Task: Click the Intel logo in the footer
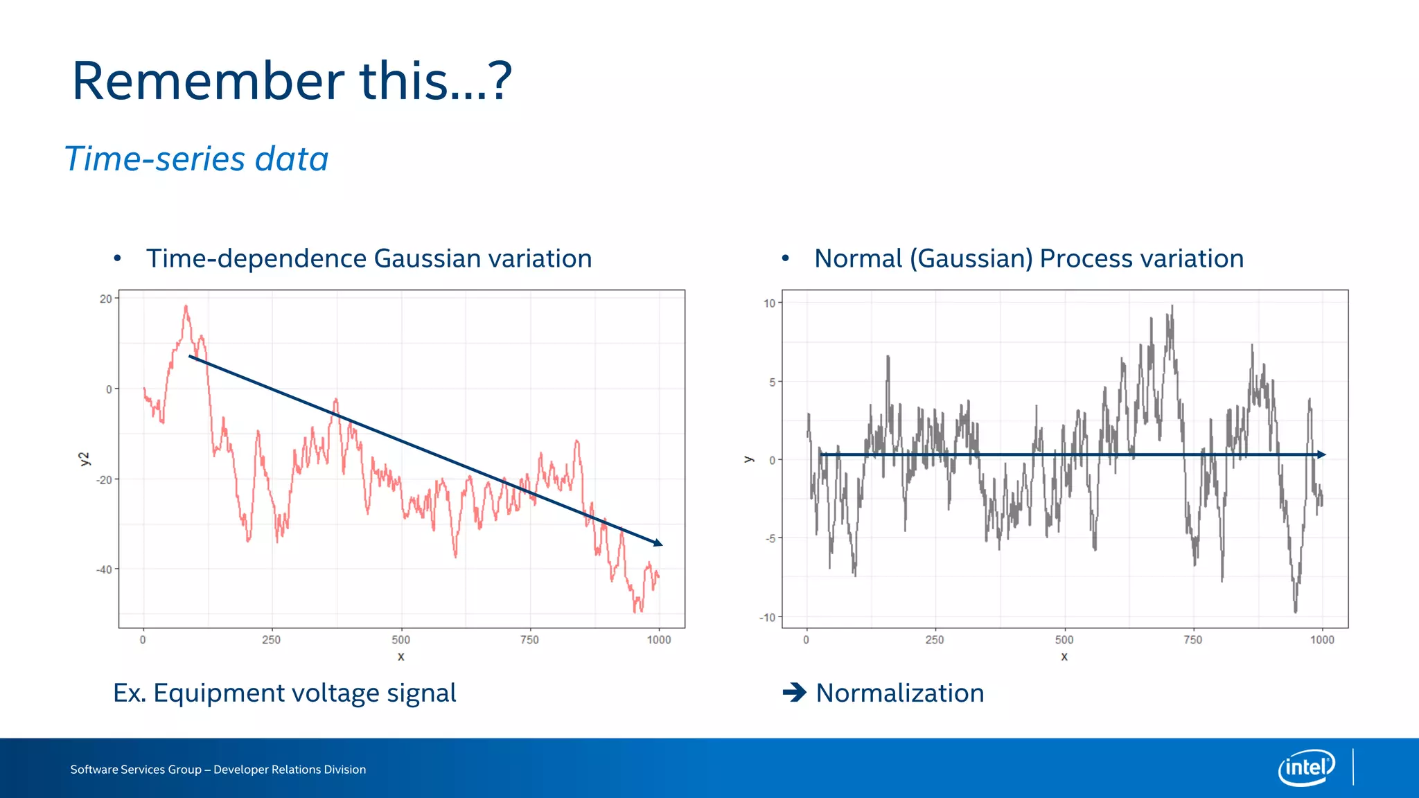(x=1306, y=768)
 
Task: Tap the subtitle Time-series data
(x=196, y=159)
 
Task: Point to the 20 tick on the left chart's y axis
(x=105, y=299)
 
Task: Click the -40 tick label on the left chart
(x=104, y=569)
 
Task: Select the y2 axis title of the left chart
(x=85, y=459)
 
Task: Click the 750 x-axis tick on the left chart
(x=529, y=639)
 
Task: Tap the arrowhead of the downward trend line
(x=658, y=544)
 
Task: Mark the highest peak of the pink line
(x=186, y=306)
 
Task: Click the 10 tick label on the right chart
(x=769, y=303)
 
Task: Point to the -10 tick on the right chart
(x=768, y=617)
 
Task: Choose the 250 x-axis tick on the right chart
(x=935, y=639)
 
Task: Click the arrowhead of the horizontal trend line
(x=1321, y=454)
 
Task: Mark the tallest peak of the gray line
(x=1172, y=306)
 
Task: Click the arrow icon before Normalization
(x=794, y=692)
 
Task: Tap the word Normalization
(x=899, y=693)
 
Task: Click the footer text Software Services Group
(x=135, y=770)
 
